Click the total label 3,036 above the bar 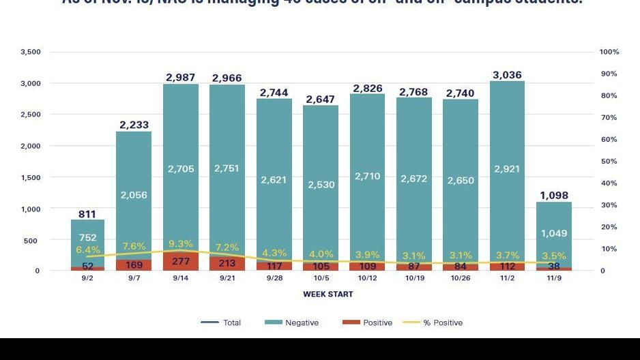click(x=507, y=75)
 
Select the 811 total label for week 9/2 click(x=87, y=214)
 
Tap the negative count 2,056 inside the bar click(x=134, y=195)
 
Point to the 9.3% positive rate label click(x=181, y=243)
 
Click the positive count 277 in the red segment click(x=181, y=261)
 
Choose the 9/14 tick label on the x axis click(x=181, y=278)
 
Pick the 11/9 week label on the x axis click(x=554, y=278)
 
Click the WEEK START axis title click(x=328, y=295)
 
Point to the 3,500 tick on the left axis click(x=31, y=52)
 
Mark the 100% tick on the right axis click(x=609, y=52)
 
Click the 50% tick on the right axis click(x=609, y=162)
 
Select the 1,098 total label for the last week click(x=554, y=196)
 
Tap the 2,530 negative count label click(x=321, y=185)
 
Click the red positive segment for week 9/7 click(x=134, y=265)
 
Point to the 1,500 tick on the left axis click(x=31, y=177)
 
